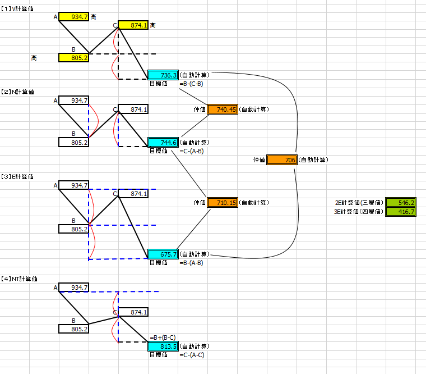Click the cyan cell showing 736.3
coord(163,75)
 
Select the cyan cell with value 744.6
coord(163,143)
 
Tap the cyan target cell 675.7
coord(163,254)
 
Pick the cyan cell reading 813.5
coord(163,346)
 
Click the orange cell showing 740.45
coord(223,109)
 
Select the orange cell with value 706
coord(282,160)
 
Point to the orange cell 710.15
coord(223,203)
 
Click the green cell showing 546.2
coord(401,203)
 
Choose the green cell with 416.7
coord(401,212)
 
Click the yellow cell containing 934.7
coord(73,17)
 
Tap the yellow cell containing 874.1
coord(133,25)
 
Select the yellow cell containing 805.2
coord(73,58)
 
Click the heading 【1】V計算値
coord(17,9)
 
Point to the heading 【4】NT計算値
coord(19,279)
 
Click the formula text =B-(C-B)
coord(191,84)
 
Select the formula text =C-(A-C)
coord(192,355)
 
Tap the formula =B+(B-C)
coord(163,337)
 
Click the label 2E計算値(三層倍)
coord(359,203)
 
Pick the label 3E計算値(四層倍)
coord(359,212)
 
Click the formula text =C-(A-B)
coord(192,151)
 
